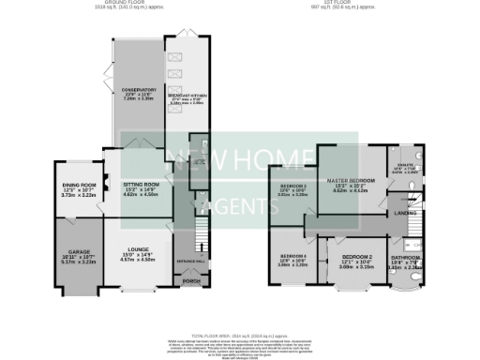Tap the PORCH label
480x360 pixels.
[x=191, y=281]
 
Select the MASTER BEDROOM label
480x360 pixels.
[x=350, y=179]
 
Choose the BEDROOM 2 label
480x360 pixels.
[x=357, y=256]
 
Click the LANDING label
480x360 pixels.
[x=406, y=214]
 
